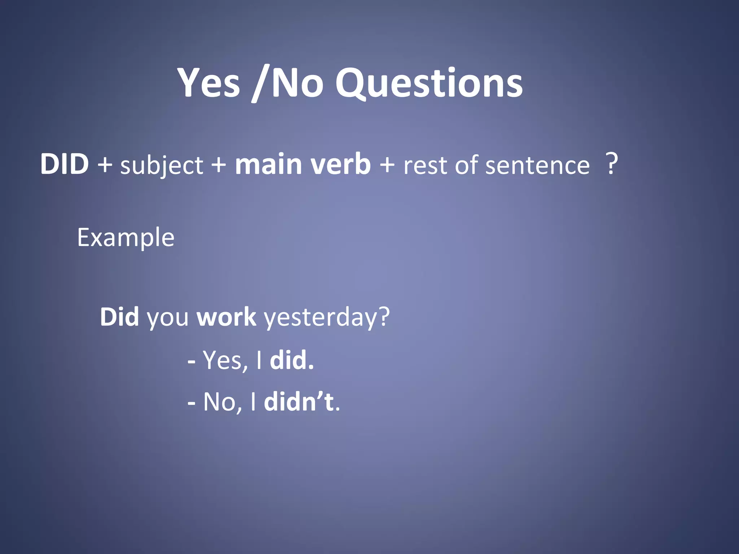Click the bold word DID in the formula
point(64,164)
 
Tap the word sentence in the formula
point(537,165)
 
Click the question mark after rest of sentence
point(611,164)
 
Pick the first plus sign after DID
point(105,165)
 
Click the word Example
point(126,238)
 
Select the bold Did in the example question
point(119,317)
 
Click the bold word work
point(226,317)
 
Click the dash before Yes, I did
point(192,361)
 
